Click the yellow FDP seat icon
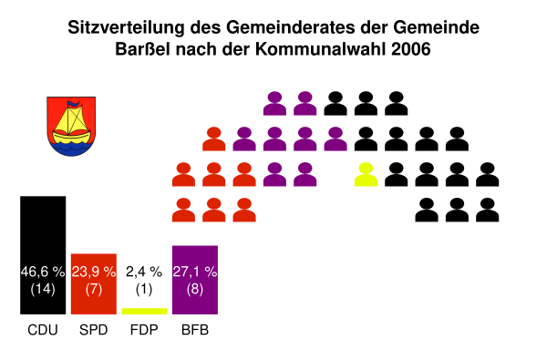[366, 174]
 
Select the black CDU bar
[43, 255]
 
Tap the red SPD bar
[94, 284]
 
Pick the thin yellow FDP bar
[144, 311]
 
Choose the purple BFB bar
[195, 280]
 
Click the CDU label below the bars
[43, 330]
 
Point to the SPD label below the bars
[94, 330]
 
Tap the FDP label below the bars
[144, 330]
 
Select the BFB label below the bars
[195, 330]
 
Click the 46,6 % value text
[43, 272]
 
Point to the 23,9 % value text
[94, 272]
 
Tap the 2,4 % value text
[144, 272]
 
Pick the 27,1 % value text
[195, 272]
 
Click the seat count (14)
[43, 289]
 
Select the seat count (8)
[195, 289]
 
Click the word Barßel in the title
[143, 49]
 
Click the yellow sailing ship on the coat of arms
[71, 125]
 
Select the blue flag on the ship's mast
[73, 104]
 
